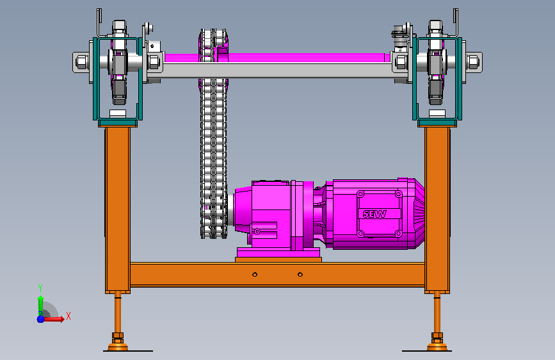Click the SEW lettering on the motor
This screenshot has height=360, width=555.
coord(374,214)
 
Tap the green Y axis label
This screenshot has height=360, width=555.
coord(40,288)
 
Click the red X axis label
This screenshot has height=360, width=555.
coord(68,316)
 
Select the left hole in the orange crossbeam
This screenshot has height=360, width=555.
coord(255,275)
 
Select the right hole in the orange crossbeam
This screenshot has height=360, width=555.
coord(300,275)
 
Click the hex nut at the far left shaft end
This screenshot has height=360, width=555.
coord(82,62)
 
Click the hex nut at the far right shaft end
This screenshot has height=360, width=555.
coord(473,62)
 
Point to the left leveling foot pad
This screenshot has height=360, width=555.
coord(118,347)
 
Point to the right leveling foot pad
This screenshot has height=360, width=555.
coord(437,347)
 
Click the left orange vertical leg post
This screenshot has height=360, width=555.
coord(118,209)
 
